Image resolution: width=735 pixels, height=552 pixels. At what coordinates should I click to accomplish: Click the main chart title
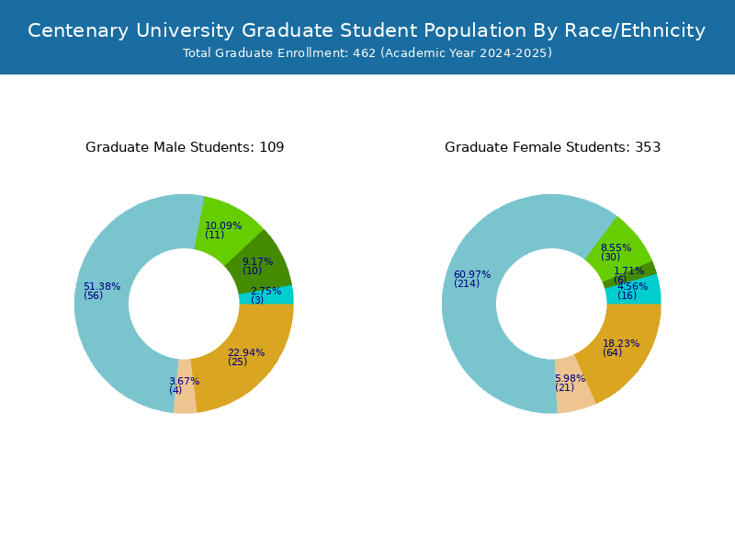point(367,30)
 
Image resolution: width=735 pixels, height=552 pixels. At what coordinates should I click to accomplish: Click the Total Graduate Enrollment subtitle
point(367,52)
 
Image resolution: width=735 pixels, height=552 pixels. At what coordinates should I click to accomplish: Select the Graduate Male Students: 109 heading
point(185,147)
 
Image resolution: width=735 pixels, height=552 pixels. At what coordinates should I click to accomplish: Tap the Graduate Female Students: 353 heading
point(553,147)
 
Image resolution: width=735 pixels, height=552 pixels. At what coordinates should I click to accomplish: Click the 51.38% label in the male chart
point(102,286)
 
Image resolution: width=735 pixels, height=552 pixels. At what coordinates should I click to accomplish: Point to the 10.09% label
point(223,225)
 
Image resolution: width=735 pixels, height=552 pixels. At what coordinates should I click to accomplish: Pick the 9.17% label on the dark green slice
point(257,261)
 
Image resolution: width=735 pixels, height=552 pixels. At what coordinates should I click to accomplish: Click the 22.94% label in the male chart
point(246,352)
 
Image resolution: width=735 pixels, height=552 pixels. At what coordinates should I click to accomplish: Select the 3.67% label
point(185,381)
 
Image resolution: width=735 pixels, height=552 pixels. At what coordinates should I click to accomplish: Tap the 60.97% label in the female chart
point(472,274)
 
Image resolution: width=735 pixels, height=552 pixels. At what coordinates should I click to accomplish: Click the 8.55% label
point(616,247)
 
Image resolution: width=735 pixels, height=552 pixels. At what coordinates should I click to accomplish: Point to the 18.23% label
point(621,343)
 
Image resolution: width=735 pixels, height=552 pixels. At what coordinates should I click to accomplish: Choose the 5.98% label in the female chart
point(570,378)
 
